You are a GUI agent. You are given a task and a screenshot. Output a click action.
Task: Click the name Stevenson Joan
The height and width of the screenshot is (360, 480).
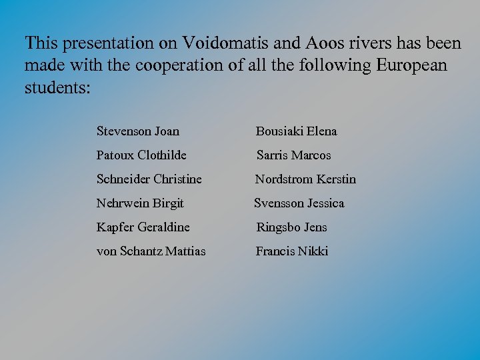(x=137, y=131)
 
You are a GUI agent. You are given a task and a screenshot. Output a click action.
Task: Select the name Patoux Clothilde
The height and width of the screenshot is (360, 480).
(x=141, y=155)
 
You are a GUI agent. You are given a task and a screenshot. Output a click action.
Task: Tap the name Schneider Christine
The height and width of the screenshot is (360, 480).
(x=149, y=179)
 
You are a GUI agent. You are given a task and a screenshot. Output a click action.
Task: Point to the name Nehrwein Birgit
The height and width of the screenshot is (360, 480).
(x=140, y=203)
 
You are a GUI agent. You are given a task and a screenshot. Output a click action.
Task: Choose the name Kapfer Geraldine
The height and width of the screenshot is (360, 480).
(x=143, y=227)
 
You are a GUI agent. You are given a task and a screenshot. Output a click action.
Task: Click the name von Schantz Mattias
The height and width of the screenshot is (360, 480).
(x=151, y=251)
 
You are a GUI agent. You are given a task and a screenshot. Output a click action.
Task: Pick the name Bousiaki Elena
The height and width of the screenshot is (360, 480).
(x=297, y=131)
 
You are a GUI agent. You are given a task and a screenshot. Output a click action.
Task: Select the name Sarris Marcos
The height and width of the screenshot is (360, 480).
(x=294, y=155)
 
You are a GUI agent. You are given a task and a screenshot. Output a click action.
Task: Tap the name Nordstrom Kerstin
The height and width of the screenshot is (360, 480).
(x=306, y=179)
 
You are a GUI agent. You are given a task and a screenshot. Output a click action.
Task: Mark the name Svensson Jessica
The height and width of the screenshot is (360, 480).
(x=299, y=203)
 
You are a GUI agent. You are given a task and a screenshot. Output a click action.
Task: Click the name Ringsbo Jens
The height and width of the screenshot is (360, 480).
(x=292, y=227)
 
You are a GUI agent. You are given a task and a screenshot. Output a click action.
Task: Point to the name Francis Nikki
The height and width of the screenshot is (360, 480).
(x=292, y=251)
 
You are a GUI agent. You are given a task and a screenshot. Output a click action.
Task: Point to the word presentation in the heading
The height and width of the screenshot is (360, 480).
(x=109, y=44)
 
